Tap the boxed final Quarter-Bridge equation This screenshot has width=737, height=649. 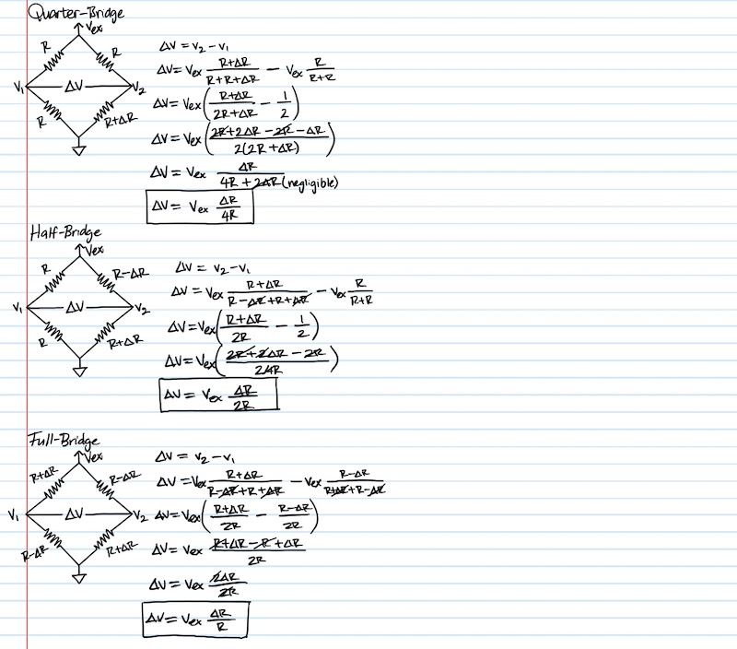tap(199, 206)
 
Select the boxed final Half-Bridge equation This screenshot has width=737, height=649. tap(218, 396)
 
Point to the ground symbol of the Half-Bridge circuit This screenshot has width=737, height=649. tap(79, 368)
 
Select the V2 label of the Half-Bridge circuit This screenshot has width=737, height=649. tap(141, 308)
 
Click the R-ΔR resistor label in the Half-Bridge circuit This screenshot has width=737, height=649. tap(130, 274)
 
